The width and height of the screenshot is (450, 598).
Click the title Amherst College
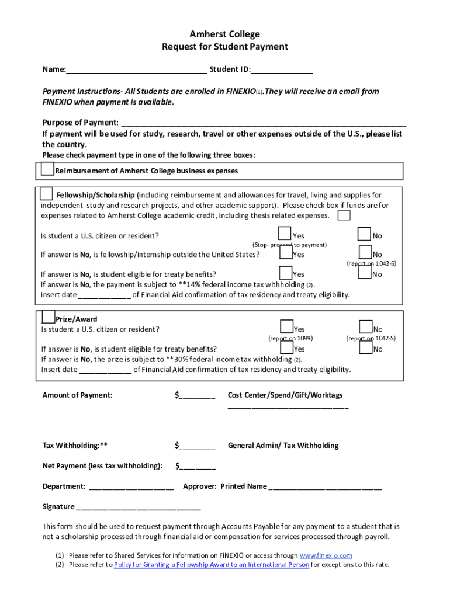point(225,34)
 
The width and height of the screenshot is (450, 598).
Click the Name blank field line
point(136,70)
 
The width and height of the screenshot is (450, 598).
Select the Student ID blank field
point(282,70)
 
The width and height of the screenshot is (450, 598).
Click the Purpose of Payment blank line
point(263,123)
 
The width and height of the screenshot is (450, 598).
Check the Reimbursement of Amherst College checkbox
point(47,169)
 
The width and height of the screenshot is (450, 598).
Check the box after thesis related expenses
point(344,215)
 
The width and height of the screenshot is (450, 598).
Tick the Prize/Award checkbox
point(49,317)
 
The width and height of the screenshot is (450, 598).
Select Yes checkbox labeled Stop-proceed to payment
point(285,234)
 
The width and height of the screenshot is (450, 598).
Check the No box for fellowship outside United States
point(365,253)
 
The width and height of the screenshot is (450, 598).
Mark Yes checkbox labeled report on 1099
point(286,327)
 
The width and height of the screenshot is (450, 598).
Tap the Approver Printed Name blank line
point(325,487)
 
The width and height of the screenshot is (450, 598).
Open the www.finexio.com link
point(326,555)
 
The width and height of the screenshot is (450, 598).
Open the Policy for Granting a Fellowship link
point(211,565)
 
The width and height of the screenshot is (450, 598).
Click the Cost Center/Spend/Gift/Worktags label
point(285,395)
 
